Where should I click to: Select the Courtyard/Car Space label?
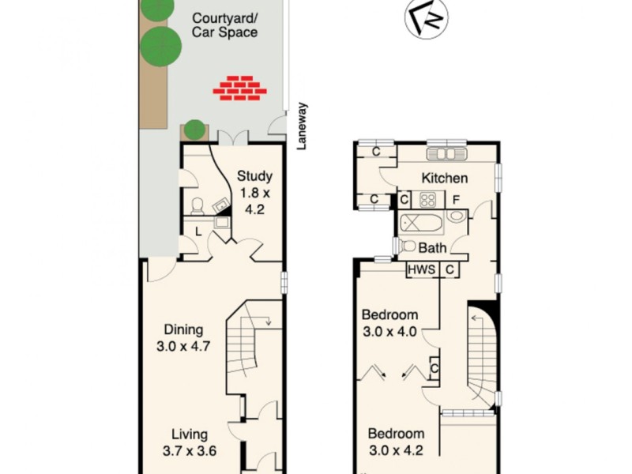225,25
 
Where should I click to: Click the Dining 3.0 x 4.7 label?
184,337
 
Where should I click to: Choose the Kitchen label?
444,178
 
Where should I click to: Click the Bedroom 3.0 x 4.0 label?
390,324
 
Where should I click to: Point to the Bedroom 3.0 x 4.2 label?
397,442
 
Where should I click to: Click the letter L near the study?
198,230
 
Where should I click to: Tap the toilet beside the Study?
197,206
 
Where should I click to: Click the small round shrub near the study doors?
194,129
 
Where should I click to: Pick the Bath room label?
432,248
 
